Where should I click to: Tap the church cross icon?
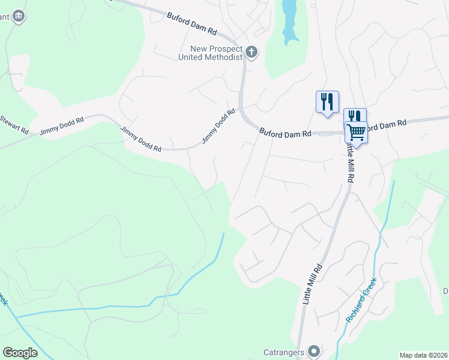point(252,53)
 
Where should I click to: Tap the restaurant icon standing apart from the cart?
point(327,100)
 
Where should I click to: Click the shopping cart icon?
point(356,132)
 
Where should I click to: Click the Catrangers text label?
point(285,352)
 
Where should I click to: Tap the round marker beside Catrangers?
point(313,352)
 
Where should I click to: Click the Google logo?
point(20,353)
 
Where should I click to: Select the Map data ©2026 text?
point(423,355)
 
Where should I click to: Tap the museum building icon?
point(19,15)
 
